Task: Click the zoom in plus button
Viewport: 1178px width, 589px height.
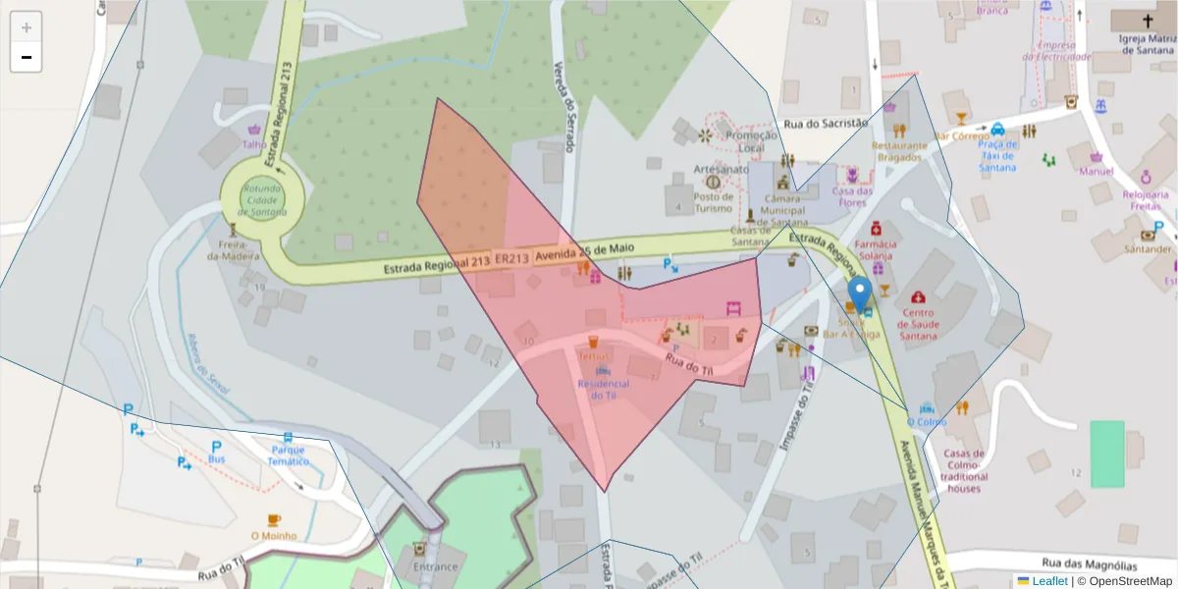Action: point(27,27)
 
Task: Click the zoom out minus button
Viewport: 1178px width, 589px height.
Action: point(27,57)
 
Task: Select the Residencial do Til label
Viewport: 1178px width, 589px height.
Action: point(603,389)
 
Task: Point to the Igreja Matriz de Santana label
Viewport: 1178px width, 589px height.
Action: point(1147,44)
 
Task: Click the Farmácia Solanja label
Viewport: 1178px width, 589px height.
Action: point(876,249)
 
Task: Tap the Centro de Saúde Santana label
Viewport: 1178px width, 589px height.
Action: point(918,323)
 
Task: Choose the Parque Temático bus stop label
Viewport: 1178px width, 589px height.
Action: point(288,455)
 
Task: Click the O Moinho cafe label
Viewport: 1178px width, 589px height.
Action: point(274,536)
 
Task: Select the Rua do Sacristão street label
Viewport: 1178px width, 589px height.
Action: point(826,124)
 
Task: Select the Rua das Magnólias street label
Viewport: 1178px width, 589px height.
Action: point(1089,564)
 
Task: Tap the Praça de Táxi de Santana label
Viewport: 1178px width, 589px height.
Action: point(997,156)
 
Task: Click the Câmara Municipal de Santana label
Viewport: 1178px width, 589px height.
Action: point(782,210)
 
